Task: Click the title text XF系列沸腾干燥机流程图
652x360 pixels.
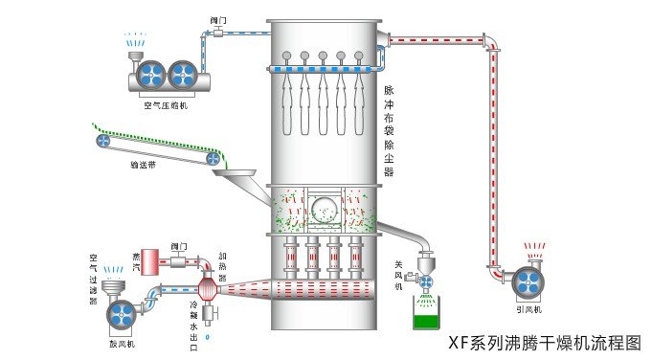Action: pyautogui.click(x=545, y=342)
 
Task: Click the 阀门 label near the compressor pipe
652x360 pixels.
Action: pyautogui.click(x=217, y=19)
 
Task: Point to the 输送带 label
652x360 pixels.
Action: pyautogui.click(x=144, y=164)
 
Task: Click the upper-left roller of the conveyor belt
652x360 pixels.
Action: pyautogui.click(x=103, y=140)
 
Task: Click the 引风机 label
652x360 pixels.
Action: pyautogui.click(x=528, y=310)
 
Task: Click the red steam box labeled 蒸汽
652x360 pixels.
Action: pyautogui.click(x=138, y=259)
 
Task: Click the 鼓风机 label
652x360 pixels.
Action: pyautogui.click(x=120, y=341)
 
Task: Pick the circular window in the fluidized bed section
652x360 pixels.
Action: pyautogui.click(x=323, y=205)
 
